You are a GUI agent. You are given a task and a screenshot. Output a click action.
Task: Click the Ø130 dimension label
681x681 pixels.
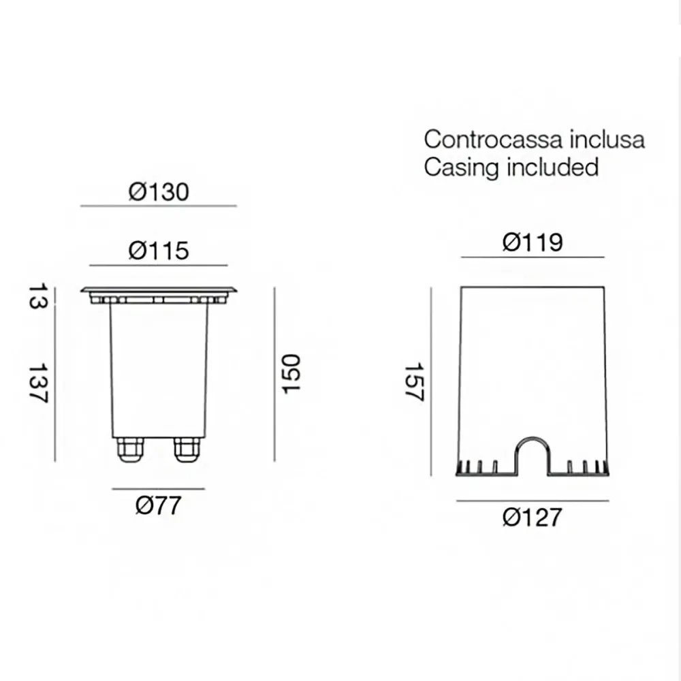159,191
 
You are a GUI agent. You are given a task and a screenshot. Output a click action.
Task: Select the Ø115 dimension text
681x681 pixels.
159,251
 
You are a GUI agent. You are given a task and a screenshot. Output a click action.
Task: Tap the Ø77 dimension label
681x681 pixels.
159,505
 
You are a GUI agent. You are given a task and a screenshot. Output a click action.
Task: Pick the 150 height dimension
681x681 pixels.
291,373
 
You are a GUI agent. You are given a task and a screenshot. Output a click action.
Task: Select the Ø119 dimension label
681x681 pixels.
533,242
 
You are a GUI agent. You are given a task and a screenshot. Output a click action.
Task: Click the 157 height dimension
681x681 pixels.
414,381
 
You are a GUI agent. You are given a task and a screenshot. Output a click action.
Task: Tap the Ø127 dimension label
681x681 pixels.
533,517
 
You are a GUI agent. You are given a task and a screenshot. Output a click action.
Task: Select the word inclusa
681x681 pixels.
607,140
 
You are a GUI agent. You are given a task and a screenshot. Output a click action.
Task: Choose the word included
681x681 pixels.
552,166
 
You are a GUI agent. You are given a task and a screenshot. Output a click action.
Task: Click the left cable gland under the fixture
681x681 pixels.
130,449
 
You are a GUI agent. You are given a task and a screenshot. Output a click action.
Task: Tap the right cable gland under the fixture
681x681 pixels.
187,449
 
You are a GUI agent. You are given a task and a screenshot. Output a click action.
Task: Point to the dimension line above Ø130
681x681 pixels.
159,206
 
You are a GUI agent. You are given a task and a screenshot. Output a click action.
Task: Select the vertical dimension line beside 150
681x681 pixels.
274,373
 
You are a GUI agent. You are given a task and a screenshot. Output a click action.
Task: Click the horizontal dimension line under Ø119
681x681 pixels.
533,257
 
